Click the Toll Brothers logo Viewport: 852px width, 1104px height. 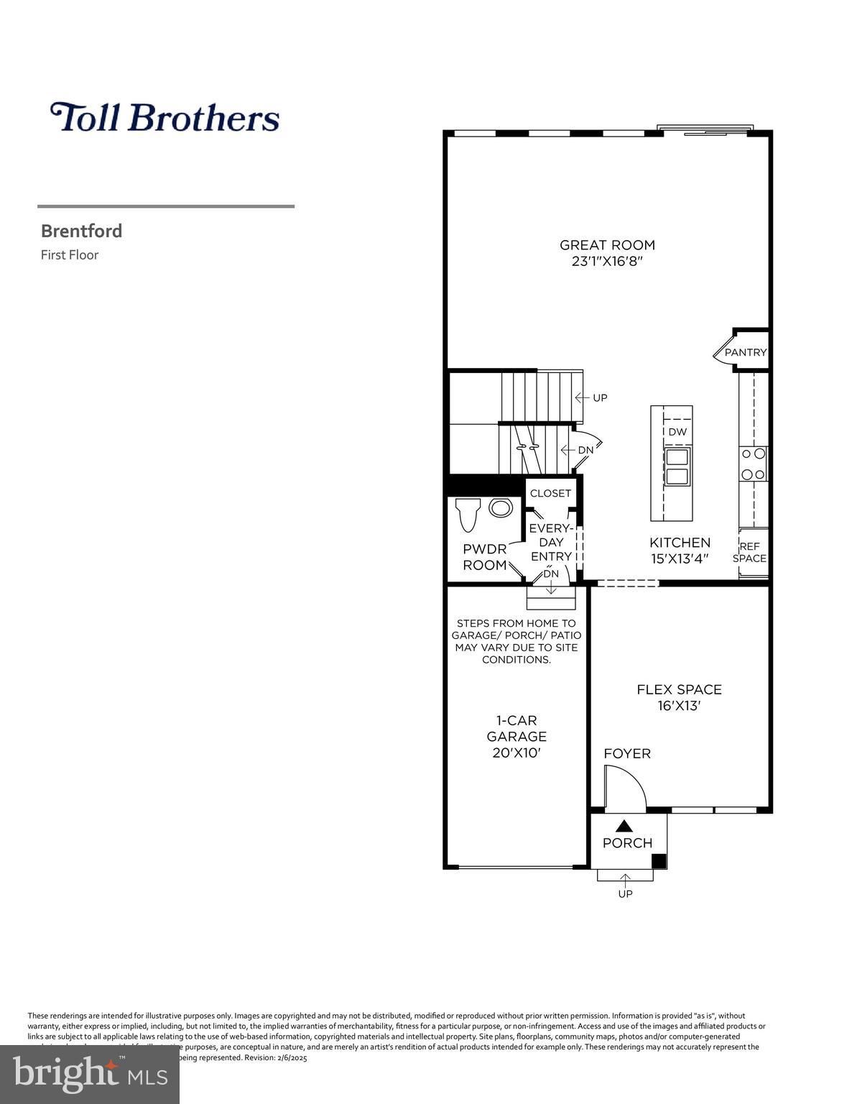pyautogui.click(x=165, y=118)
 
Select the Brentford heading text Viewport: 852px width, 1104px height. pyautogui.click(x=81, y=231)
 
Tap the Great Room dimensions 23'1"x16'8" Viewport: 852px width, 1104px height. pyautogui.click(x=607, y=262)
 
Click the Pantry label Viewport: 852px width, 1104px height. pyautogui.click(x=745, y=352)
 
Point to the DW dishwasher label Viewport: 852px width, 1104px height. pyautogui.click(x=677, y=432)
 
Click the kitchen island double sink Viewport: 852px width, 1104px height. pyautogui.click(x=677, y=466)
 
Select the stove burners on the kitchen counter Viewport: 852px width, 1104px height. pyautogui.click(x=753, y=464)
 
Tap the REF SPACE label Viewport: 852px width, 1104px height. pyautogui.click(x=749, y=553)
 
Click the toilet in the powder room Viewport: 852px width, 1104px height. pyautogui.click(x=468, y=512)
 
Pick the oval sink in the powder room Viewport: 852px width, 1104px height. pyautogui.click(x=501, y=508)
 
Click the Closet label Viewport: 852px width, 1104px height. pyautogui.click(x=550, y=493)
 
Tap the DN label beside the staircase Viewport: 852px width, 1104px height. pyautogui.click(x=585, y=450)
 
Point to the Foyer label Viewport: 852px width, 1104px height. pyautogui.click(x=627, y=753)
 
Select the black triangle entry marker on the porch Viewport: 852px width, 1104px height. pyautogui.click(x=624, y=827)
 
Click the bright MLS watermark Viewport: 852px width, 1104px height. pyautogui.click(x=90, y=1075)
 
